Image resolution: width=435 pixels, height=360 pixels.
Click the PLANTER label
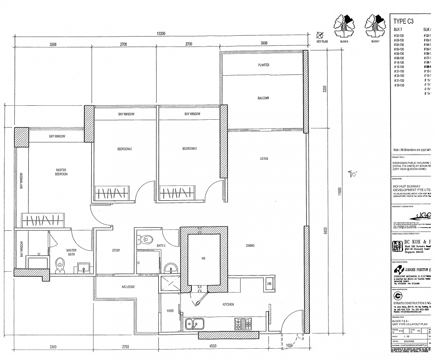pos(264,65)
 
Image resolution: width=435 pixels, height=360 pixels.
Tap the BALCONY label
pos(263,98)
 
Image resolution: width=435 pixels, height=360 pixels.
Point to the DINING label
pos(250,246)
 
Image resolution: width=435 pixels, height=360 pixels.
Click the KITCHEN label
pos(228,304)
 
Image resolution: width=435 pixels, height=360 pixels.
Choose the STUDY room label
pos(116,250)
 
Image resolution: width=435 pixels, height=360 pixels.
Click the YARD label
pos(170,311)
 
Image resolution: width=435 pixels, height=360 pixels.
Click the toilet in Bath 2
pos(147,239)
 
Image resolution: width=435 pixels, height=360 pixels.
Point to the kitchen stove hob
pos(243,323)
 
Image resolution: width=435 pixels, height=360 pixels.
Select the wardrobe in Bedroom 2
pos(112,192)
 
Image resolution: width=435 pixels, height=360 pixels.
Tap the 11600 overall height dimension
pos(339,192)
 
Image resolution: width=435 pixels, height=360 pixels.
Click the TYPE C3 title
pos(403,21)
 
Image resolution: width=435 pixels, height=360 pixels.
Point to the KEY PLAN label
pos(322,41)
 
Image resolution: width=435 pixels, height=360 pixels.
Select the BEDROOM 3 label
pos(190,149)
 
